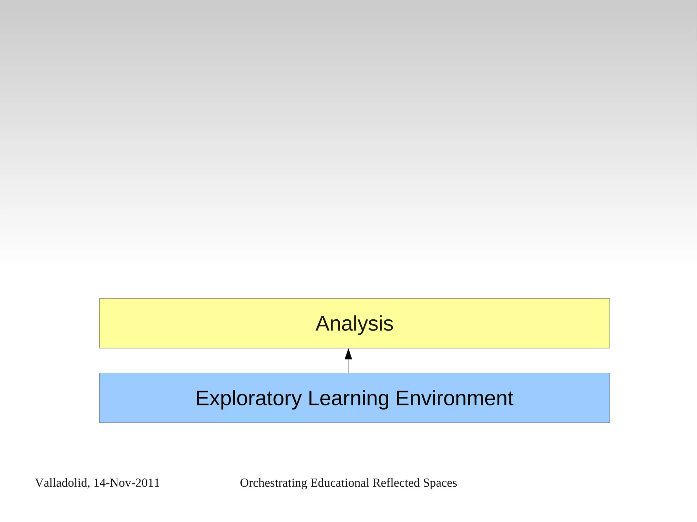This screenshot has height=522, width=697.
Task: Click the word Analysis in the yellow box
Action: click(x=354, y=324)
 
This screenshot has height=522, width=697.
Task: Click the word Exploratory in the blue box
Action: click(x=248, y=398)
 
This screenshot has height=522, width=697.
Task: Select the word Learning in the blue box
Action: click(x=348, y=398)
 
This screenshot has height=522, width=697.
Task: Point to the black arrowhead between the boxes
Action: click(x=348, y=354)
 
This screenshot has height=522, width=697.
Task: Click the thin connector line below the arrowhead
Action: click(x=348, y=367)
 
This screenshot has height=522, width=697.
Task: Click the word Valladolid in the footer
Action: click(x=61, y=483)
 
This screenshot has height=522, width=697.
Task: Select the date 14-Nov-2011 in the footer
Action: click(x=126, y=483)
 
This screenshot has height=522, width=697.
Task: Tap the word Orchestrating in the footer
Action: click(x=274, y=483)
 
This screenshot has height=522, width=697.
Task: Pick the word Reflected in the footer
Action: click(x=396, y=483)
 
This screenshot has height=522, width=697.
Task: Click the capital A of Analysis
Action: click(x=323, y=324)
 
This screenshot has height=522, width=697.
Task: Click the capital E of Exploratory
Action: click(x=202, y=398)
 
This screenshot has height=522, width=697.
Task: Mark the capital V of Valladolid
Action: click(x=39, y=483)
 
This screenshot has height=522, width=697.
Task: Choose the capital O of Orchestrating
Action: click(x=244, y=483)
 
